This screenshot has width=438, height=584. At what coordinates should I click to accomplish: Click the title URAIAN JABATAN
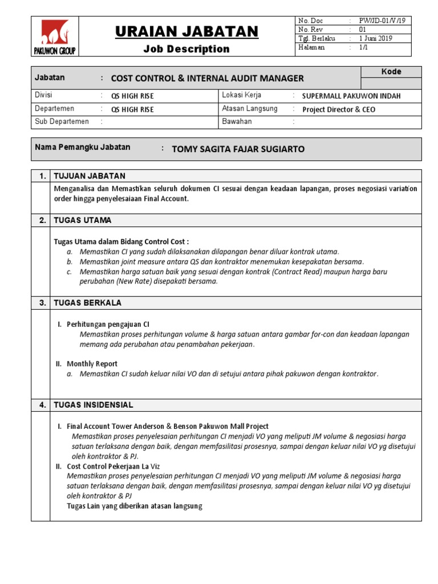pos(186,31)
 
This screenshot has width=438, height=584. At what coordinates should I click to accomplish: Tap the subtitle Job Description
pos(186,49)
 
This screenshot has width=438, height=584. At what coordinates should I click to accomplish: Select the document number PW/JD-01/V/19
pos(382,21)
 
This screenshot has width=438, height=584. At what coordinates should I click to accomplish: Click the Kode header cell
pos(391,72)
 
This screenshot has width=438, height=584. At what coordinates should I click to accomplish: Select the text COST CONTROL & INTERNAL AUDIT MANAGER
pos(207,79)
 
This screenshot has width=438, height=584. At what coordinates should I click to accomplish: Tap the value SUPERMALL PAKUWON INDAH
pos(351,96)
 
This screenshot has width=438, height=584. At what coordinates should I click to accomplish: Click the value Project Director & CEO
pos(339,109)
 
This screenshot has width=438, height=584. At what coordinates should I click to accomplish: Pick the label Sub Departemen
pos(62,121)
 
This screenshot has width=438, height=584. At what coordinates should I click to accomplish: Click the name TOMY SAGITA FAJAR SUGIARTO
pos(238,149)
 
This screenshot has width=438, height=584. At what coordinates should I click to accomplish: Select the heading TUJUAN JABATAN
pos(90,176)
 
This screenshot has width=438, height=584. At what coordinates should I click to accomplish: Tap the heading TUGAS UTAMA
pos(83,220)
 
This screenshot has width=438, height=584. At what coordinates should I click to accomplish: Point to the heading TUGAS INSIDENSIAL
pos(93,405)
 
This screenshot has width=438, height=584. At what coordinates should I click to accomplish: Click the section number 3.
pos(42,303)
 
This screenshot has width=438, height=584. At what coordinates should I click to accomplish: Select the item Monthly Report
pos(92,364)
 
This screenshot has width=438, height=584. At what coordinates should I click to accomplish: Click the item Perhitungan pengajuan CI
pos(108,324)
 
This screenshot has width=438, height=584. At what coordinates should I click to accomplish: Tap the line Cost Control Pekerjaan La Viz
pos(113,467)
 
